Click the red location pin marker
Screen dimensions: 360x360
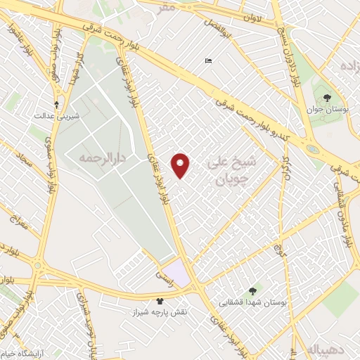coord(181,165)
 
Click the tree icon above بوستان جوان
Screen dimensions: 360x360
coord(326,96)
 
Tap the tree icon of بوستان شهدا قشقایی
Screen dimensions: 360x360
coord(253,290)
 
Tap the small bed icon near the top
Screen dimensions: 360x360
coord(207,61)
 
